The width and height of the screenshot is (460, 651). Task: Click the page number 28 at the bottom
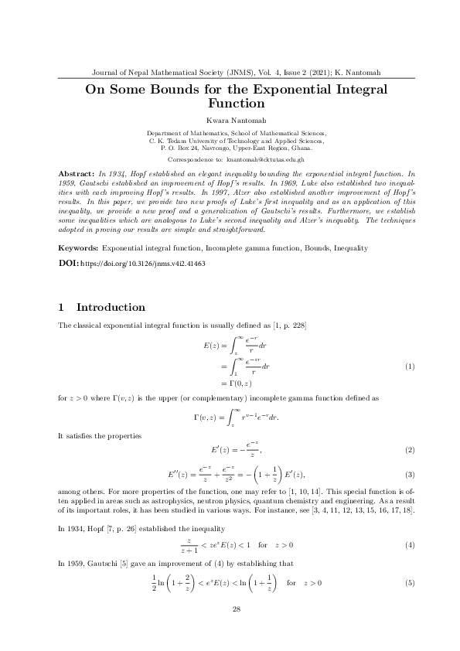pyautogui.click(x=237, y=610)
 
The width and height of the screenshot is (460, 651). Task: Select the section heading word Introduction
pyautogui.click(x=111, y=307)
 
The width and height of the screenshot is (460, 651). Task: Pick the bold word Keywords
pyautogui.click(x=80, y=227)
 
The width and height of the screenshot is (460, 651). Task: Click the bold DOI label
pyautogui.click(x=69, y=242)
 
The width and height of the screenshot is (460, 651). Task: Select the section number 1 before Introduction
pyautogui.click(x=62, y=307)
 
